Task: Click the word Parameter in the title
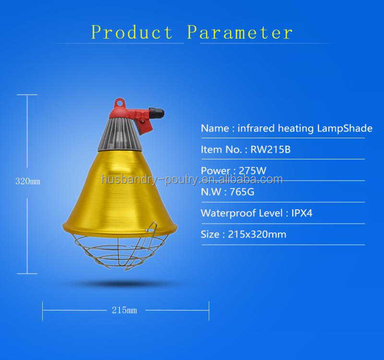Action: tap(240, 32)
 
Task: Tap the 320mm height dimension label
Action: tap(27, 181)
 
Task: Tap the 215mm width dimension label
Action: tap(124, 310)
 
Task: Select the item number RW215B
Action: tap(271, 149)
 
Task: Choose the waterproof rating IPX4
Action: tap(302, 213)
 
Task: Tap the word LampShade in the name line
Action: tap(345, 128)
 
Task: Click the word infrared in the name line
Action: tap(255, 128)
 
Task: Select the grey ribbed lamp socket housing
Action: tap(122, 129)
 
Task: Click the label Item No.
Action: tap(221, 149)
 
